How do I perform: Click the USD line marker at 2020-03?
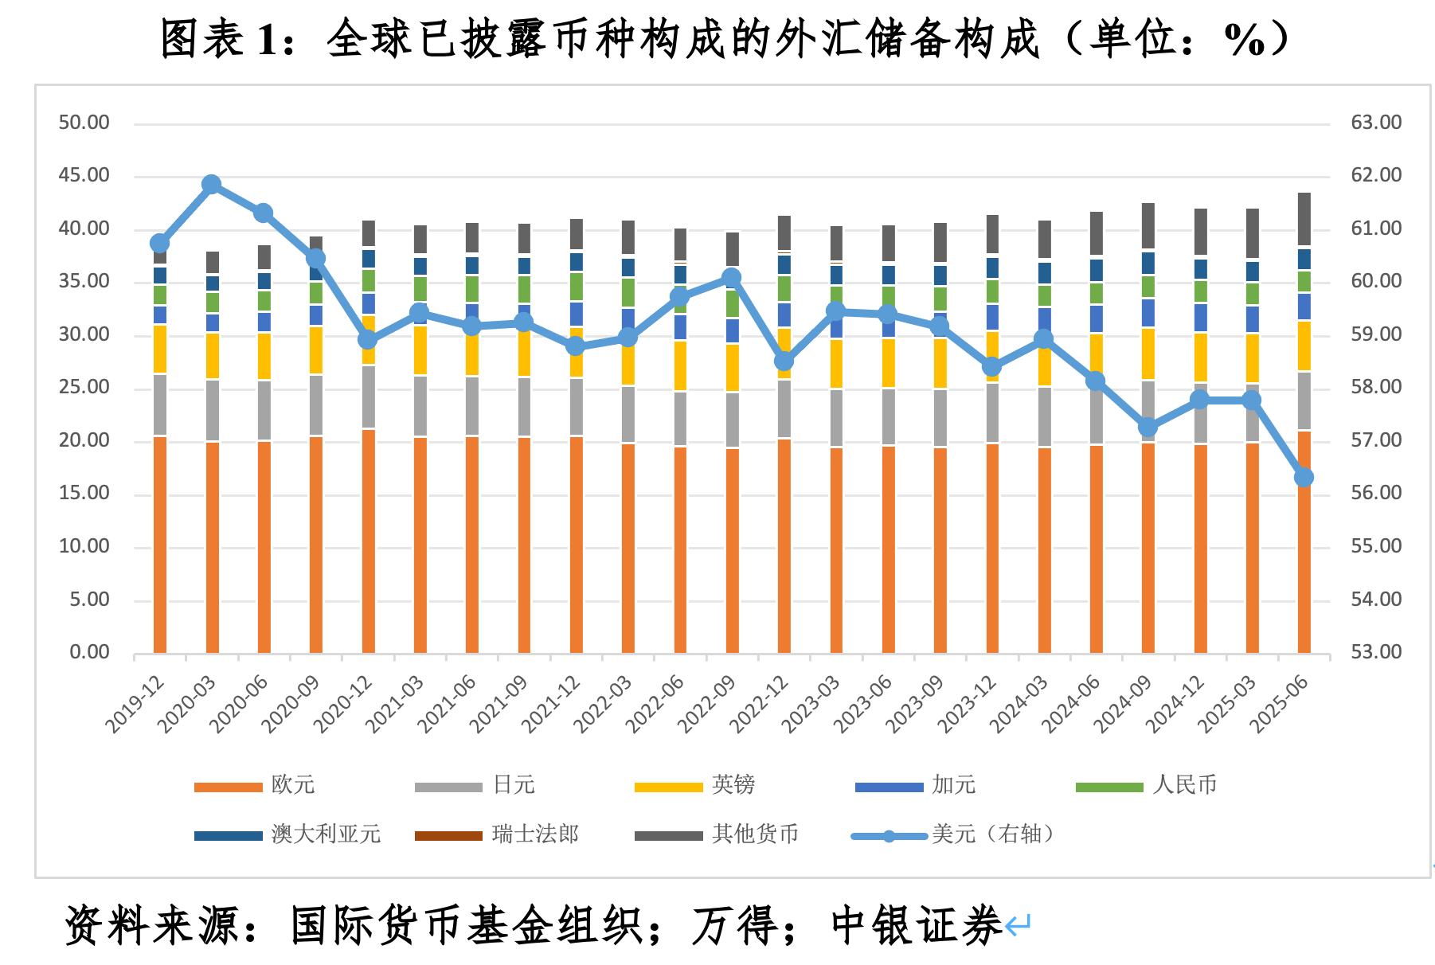211,185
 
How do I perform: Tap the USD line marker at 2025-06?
1304,478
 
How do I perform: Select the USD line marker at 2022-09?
732,278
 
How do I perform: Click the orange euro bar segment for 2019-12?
160,545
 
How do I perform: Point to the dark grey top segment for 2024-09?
1148,226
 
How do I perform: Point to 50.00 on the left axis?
84,123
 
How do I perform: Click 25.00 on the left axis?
84,388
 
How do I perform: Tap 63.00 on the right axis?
1376,123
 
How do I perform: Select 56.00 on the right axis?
1376,493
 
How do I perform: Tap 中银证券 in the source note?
916,925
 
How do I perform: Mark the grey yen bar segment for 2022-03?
628,414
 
